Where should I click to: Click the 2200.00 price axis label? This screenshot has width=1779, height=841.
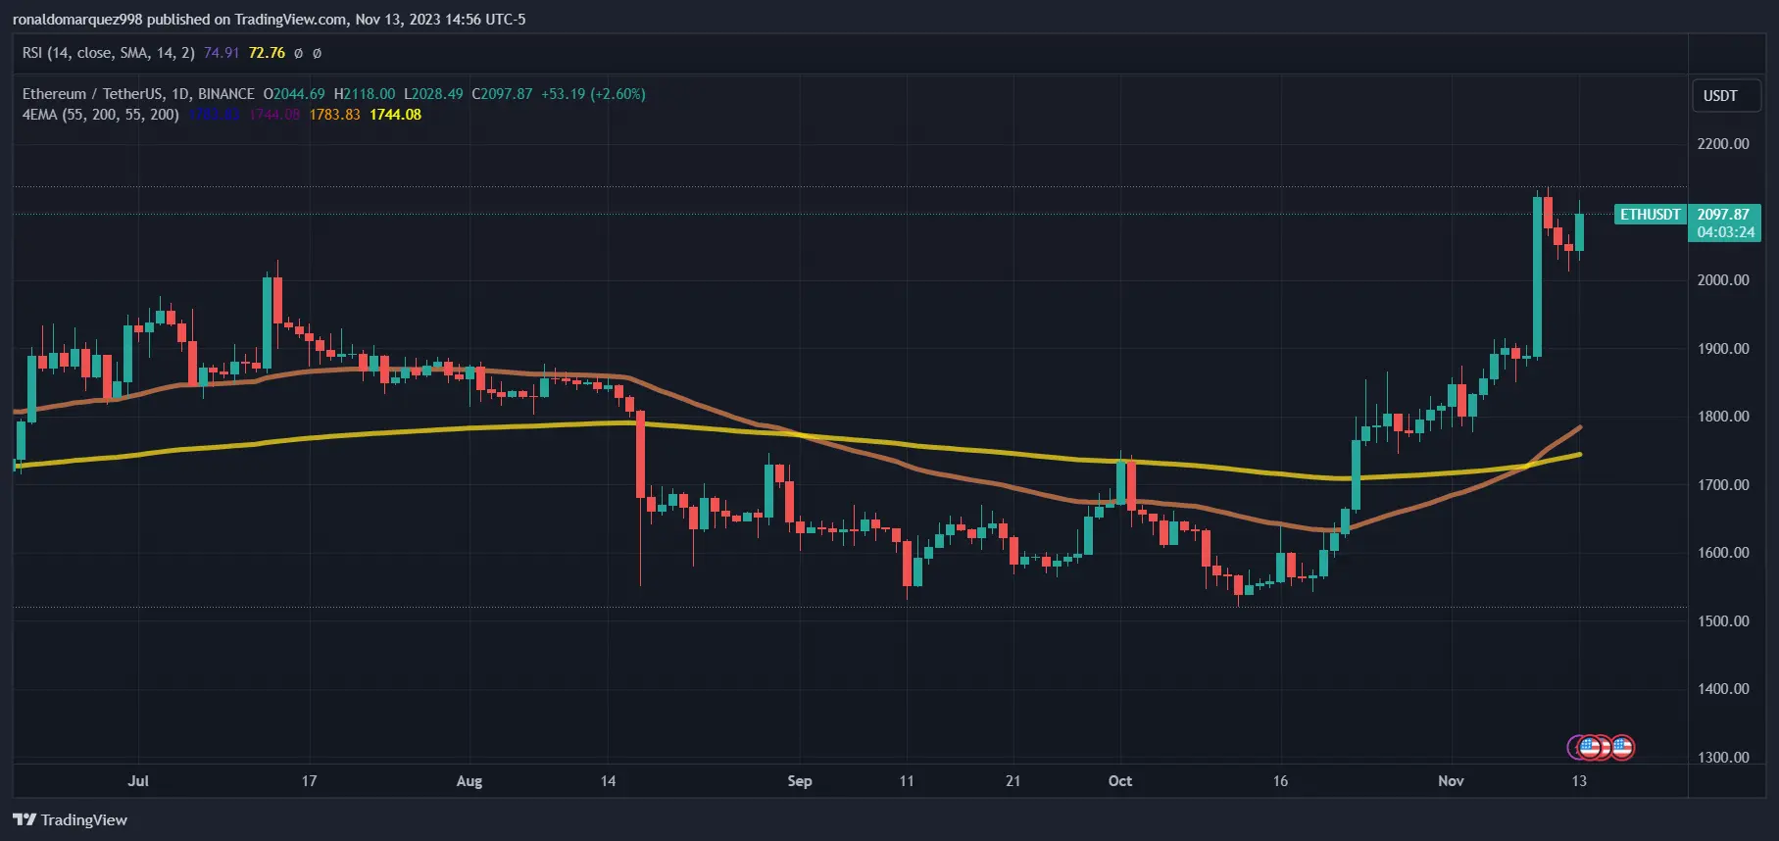pos(1722,144)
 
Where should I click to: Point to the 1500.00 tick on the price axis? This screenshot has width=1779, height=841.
pos(1722,621)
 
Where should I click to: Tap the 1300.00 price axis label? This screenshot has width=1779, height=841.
pos(1722,758)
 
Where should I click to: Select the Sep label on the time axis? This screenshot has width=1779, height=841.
pos(800,781)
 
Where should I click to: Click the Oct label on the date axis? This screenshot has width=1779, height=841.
pos(1119,781)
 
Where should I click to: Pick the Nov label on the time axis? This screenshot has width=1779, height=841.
pos(1451,781)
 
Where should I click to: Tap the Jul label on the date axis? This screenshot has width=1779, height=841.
pos(138,781)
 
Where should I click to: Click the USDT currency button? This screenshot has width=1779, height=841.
pos(1720,96)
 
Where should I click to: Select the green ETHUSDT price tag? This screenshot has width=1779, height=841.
pos(1650,215)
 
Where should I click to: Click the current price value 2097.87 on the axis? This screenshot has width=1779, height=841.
pos(1723,215)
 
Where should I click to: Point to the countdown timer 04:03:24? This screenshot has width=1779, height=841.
pos(1725,232)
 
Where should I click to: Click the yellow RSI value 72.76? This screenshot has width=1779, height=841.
pos(267,53)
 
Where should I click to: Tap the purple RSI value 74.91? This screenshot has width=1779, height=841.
pos(222,53)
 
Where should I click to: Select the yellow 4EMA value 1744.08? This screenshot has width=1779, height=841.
pos(395,115)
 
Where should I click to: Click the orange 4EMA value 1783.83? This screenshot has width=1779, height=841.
pos(334,115)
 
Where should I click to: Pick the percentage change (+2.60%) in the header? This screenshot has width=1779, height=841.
pos(618,94)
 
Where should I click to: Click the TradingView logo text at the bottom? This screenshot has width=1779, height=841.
pos(83,820)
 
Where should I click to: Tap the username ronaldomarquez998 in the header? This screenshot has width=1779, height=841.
pos(77,20)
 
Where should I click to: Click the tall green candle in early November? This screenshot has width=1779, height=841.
pos(1537,276)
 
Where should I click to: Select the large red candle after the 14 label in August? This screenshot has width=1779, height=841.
pos(640,455)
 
